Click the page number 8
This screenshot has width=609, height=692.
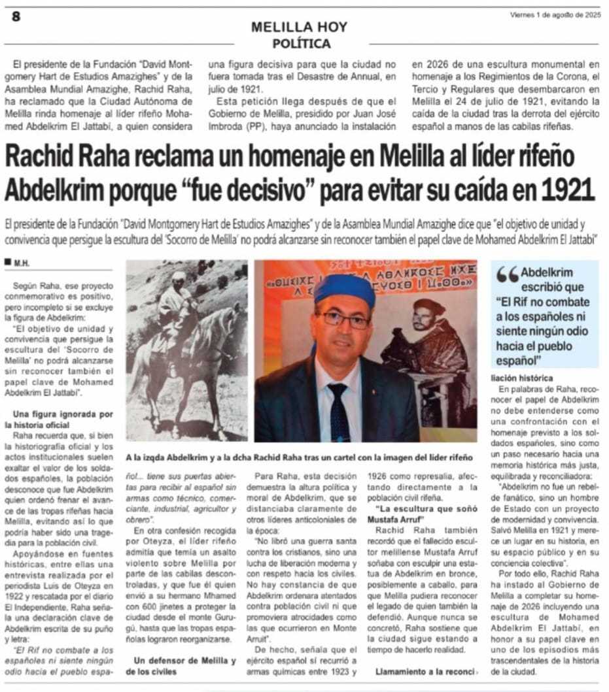pyautogui.click(x=16, y=16)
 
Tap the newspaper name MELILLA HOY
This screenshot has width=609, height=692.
pyautogui.click(x=300, y=27)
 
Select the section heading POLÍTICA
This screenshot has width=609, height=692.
pyautogui.click(x=300, y=44)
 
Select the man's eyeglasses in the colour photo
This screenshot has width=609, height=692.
pyautogui.click(x=344, y=319)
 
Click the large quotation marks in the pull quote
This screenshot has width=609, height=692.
pyautogui.click(x=508, y=275)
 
